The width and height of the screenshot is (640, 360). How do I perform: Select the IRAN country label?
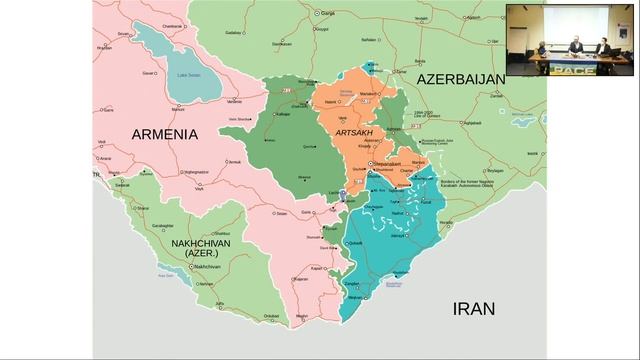point(472,309)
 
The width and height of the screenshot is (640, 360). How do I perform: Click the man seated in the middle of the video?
point(575,45)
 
